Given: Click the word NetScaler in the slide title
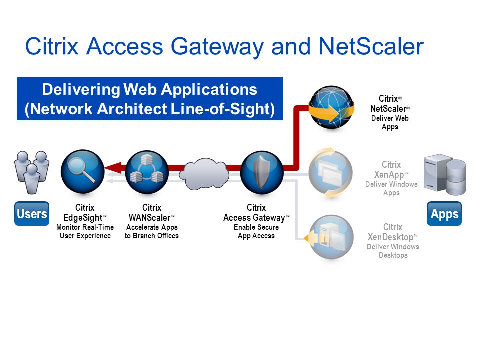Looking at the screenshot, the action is click(x=371, y=46).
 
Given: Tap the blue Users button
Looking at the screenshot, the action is click(x=32, y=213).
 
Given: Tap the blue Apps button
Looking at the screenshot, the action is click(x=444, y=213).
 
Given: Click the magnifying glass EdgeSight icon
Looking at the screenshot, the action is click(x=83, y=171).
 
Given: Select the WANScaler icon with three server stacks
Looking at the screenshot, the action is click(x=147, y=172).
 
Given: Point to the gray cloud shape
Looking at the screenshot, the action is click(x=204, y=173).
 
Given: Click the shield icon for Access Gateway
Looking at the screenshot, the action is click(x=262, y=172).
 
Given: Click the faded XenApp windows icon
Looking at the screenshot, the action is click(x=330, y=173).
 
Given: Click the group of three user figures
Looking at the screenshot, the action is click(x=32, y=172).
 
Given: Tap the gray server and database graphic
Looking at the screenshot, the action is click(x=445, y=174).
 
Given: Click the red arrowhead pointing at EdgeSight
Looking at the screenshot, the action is click(x=113, y=168).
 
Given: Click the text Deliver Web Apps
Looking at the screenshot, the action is click(x=390, y=122).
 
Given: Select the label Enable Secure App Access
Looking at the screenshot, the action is click(x=256, y=231).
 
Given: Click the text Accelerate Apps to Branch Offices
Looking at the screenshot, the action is click(x=152, y=231).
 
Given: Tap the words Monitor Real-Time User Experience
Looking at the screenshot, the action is click(x=85, y=231).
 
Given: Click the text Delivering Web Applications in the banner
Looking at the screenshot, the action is click(x=149, y=89).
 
